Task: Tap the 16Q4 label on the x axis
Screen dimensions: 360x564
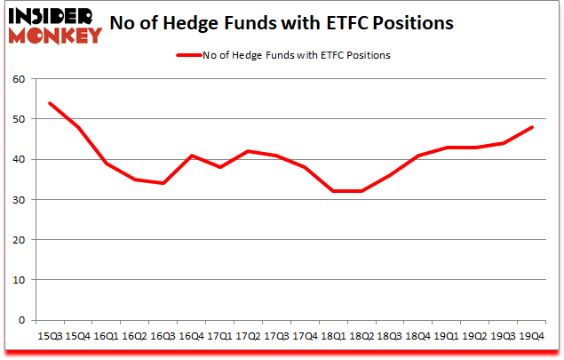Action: (192, 336)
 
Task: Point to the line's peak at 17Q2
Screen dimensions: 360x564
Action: (249, 151)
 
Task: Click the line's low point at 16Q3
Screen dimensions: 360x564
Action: (163, 183)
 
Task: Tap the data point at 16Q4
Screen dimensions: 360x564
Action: (191, 156)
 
